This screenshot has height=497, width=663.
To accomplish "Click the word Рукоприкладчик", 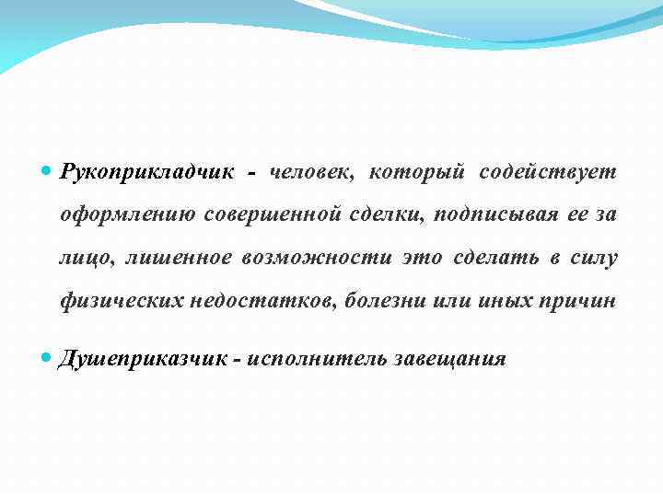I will click(x=147, y=172).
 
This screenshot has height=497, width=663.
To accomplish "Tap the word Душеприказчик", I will click(x=142, y=358).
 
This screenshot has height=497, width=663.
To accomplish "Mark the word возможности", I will click(x=318, y=258).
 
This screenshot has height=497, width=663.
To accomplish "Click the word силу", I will click(x=595, y=258).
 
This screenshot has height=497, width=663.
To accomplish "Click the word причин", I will click(x=580, y=301).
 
